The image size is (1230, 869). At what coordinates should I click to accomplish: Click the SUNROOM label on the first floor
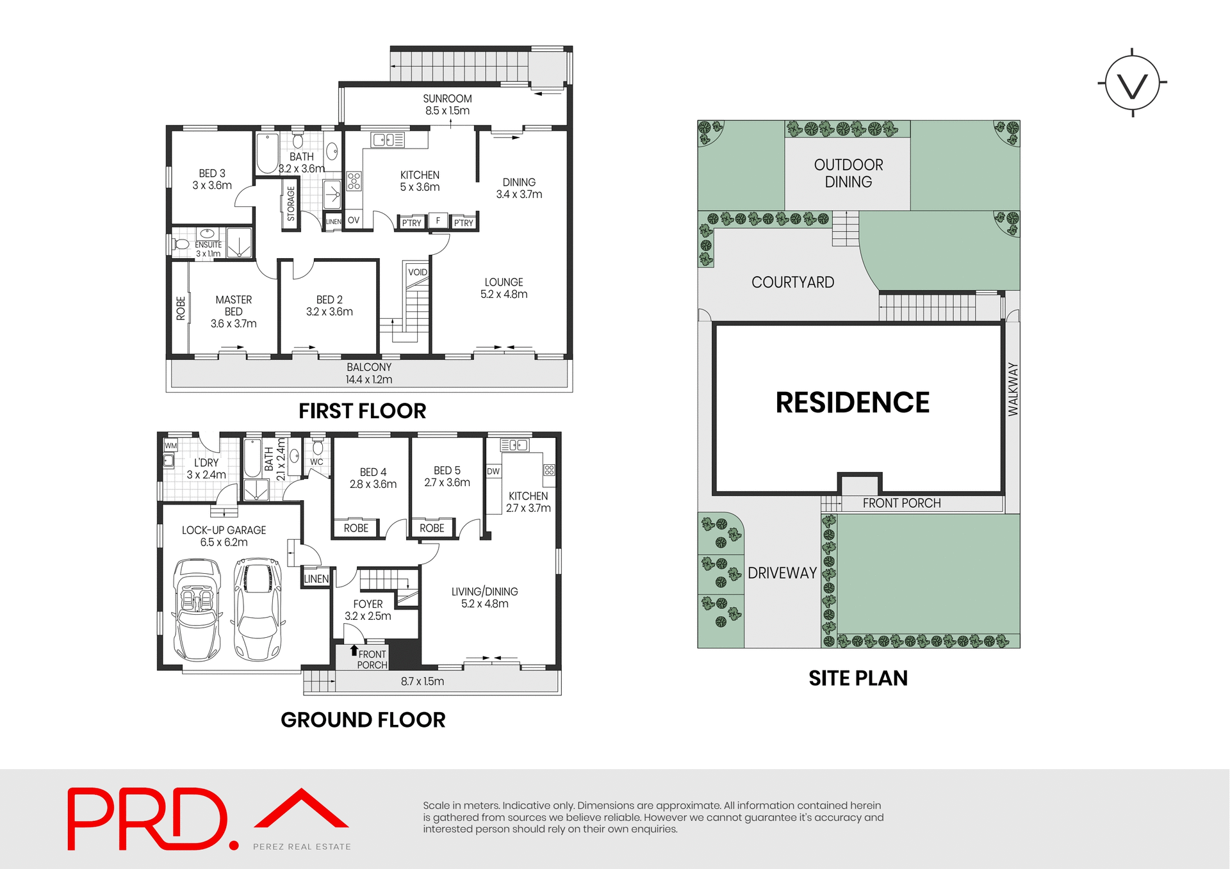tap(447, 99)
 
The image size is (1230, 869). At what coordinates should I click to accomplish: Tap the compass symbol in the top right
tap(1132, 83)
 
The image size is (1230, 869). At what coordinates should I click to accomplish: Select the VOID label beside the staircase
tap(418, 272)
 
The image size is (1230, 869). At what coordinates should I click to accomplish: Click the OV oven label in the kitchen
tap(353, 220)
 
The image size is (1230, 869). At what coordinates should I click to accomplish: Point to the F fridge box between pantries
tap(438, 221)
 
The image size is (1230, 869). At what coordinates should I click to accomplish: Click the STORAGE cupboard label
tap(291, 204)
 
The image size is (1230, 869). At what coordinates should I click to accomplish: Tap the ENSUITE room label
tap(208, 245)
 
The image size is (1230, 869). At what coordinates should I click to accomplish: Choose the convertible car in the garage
tap(197, 610)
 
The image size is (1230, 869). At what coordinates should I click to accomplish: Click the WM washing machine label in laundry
tap(170, 446)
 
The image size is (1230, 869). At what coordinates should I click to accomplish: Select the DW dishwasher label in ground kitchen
tap(493, 471)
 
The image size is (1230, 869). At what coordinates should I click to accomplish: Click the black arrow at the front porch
tap(354, 651)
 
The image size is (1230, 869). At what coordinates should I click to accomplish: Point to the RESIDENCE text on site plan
tap(852, 403)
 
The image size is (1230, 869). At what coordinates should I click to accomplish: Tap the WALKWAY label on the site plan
tap(1013, 389)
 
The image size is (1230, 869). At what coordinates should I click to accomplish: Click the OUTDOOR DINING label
tap(848, 174)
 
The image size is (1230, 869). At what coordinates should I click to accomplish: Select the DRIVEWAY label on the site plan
tap(782, 573)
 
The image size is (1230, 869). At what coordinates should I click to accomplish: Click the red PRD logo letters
tap(147, 819)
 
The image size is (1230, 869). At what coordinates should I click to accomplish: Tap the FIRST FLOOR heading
tap(362, 411)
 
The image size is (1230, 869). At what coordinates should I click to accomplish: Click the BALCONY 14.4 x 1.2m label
tap(369, 373)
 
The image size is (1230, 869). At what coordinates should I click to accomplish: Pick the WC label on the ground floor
tap(316, 462)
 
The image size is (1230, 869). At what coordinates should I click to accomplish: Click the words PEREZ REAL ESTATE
tap(302, 847)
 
